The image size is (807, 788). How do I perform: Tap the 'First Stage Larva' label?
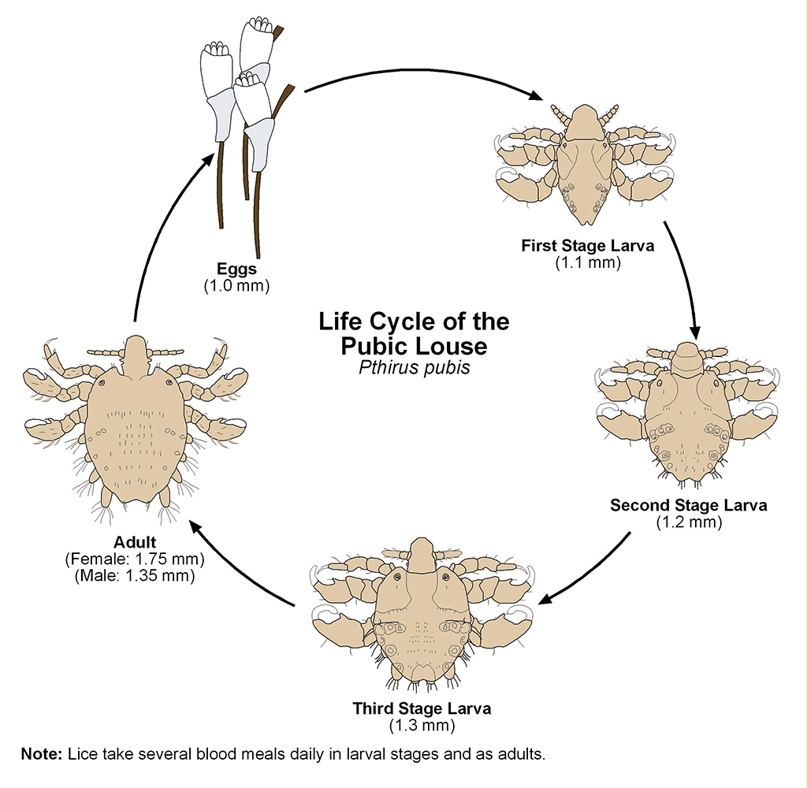click(x=587, y=246)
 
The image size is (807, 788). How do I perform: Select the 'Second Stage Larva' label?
click(x=688, y=505)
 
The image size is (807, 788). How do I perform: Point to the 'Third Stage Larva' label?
click(x=422, y=708)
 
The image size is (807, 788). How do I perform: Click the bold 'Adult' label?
click(x=135, y=543)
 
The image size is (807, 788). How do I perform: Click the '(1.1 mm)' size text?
click(x=587, y=262)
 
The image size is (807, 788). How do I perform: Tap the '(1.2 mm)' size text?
click(x=688, y=521)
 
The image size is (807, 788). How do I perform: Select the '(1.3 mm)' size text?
click(x=422, y=723)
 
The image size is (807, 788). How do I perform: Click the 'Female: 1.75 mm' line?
click(x=135, y=559)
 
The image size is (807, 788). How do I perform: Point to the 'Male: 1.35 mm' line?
click(x=135, y=575)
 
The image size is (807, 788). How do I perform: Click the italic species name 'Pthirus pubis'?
click(x=414, y=367)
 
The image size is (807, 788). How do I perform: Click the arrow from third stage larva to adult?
click(x=240, y=567)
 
